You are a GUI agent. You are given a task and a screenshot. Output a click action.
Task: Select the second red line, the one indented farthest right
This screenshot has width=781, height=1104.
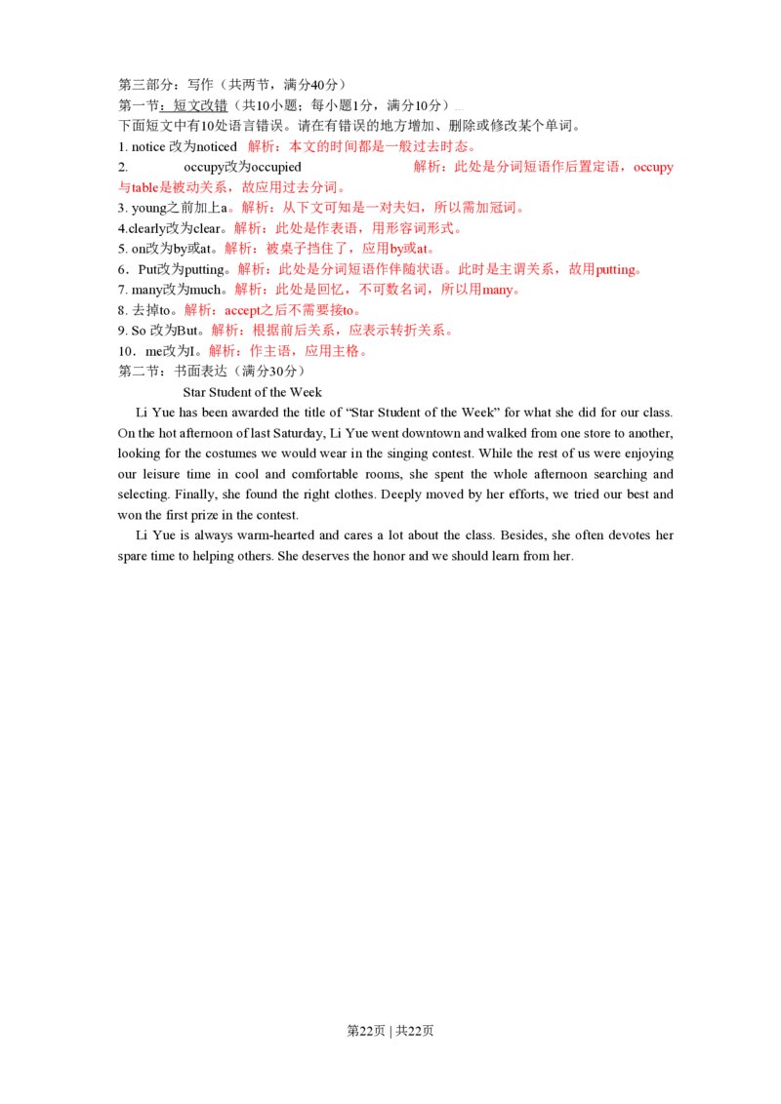pyautogui.click(x=543, y=168)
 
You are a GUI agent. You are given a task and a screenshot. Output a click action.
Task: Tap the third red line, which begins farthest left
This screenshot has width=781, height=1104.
pyautogui.click(x=230, y=186)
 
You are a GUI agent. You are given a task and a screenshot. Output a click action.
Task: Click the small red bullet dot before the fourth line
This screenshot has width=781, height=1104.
pyautogui.click(x=230, y=209)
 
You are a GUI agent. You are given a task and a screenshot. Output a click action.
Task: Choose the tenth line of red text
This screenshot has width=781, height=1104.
pyautogui.click(x=331, y=331)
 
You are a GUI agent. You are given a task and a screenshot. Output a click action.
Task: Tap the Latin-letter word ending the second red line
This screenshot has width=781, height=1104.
pyautogui.click(x=654, y=169)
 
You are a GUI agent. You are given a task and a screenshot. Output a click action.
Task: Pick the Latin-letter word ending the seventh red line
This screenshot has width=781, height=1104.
pyautogui.click(x=621, y=271)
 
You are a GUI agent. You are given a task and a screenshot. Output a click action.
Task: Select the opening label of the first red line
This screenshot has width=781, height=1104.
pyautogui.click(x=260, y=146)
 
